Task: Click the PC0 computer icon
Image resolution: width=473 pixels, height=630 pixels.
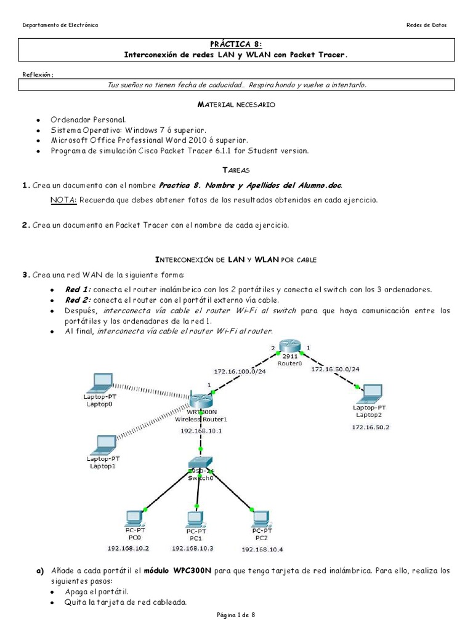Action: pyautogui.click(x=131, y=517)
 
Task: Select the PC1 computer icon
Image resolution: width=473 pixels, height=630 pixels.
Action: pyautogui.click(x=194, y=518)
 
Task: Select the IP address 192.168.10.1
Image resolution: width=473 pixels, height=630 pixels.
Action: pyautogui.click(x=201, y=431)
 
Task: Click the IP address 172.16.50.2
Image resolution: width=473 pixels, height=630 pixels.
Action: pyautogui.click(x=371, y=426)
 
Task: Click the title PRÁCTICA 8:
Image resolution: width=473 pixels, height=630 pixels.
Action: pyautogui.click(x=236, y=44)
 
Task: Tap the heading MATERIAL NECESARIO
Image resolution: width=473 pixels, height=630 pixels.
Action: pyautogui.click(x=236, y=105)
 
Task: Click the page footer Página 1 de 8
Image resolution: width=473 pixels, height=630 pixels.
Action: pyautogui.click(x=236, y=615)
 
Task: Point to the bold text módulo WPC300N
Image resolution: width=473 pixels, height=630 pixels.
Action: pyautogui.click(x=177, y=570)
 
